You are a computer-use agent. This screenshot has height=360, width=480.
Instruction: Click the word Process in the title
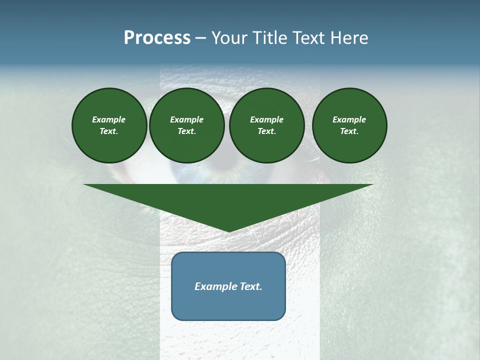click(157, 38)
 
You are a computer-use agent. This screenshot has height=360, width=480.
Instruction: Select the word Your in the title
click(230, 38)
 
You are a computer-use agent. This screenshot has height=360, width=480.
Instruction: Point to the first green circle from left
click(109, 125)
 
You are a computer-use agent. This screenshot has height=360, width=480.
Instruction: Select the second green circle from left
click(186, 125)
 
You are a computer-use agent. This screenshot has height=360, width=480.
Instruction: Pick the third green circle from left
click(266, 125)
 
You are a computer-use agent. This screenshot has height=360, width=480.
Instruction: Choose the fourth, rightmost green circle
click(349, 125)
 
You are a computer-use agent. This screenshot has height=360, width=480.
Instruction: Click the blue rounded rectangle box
click(228, 305)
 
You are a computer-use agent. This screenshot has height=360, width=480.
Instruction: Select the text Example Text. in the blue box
click(228, 286)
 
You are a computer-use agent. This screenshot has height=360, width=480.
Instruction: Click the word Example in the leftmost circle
click(109, 119)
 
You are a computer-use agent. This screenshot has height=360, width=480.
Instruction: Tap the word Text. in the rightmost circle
click(349, 131)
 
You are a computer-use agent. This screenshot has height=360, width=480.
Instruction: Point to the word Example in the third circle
click(266, 119)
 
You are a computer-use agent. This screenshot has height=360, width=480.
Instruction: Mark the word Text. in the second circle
click(186, 131)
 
